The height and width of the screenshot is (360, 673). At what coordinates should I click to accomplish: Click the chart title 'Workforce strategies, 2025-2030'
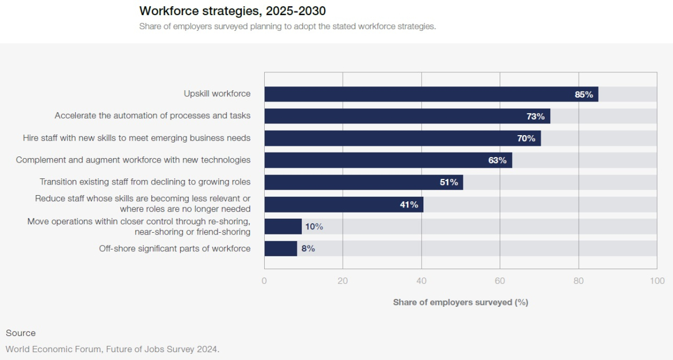tap(232, 11)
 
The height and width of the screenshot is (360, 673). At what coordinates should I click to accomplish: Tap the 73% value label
tap(535, 116)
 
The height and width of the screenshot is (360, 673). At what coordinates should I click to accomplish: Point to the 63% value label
tap(497, 160)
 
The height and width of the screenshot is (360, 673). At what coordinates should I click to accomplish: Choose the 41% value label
tap(409, 205)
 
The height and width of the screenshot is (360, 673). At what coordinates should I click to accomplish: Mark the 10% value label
tap(314, 227)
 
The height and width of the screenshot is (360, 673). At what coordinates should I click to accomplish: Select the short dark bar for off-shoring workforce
tap(280, 248)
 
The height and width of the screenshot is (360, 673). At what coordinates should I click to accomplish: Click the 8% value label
tap(308, 248)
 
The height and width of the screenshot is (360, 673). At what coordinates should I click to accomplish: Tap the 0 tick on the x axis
tap(264, 280)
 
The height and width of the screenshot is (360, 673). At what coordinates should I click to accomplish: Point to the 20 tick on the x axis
tap(343, 280)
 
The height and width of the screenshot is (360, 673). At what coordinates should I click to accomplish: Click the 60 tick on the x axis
tap(500, 280)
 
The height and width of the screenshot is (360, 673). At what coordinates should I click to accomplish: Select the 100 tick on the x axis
tap(657, 280)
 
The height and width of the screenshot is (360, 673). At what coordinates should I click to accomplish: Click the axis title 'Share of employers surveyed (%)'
tap(460, 302)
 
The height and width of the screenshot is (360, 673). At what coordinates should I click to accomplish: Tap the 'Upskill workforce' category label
tap(217, 94)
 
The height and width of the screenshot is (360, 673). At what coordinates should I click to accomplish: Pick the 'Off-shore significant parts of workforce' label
tap(174, 248)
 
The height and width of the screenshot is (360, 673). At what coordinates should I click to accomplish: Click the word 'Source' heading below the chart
tap(21, 333)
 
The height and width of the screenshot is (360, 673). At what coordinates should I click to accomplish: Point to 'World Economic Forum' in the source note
tap(47, 349)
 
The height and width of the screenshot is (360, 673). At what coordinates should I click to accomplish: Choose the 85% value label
tap(584, 94)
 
